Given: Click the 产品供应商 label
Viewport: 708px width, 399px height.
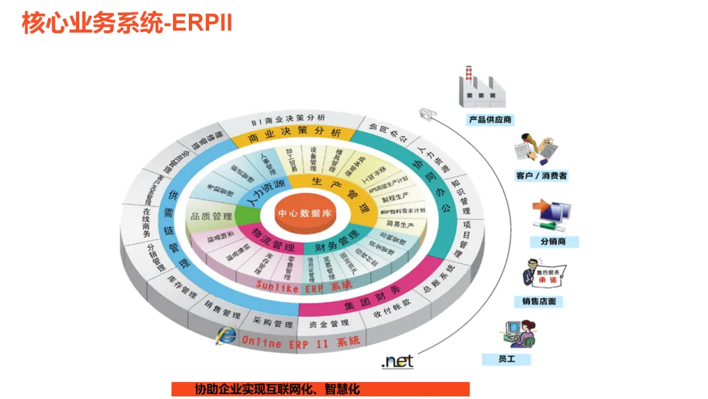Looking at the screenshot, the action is [x=490, y=120].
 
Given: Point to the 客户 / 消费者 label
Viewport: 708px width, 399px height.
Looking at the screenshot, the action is [x=541, y=175].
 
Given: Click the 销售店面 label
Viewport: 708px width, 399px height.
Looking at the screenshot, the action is [x=539, y=301].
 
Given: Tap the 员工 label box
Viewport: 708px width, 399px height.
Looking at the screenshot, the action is [x=506, y=359].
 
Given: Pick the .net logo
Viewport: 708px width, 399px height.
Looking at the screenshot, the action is [x=397, y=361].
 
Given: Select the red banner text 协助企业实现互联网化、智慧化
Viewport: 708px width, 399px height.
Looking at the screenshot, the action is [x=277, y=389].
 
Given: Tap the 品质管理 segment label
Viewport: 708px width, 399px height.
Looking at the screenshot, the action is [x=212, y=216].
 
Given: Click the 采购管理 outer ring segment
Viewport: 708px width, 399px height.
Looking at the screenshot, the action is [x=274, y=324].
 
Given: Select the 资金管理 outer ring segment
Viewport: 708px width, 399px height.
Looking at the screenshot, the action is [x=329, y=324].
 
